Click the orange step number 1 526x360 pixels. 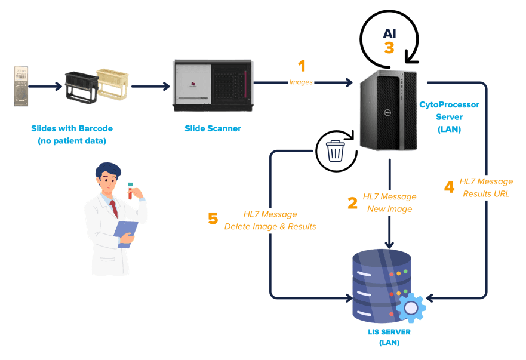tap(302, 65)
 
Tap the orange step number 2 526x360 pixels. tap(352, 202)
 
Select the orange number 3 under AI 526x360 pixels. tap(389, 48)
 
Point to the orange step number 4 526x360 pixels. tap(449, 187)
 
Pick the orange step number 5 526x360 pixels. tap(213, 219)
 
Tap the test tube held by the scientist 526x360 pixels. tap(130, 190)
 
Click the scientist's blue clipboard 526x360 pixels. tap(126, 233)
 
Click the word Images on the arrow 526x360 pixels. tap(301, 82)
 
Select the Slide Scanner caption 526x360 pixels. tap(213, 128)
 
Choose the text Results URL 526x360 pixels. tap(486, 193)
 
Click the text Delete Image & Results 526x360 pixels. tap(270, 226)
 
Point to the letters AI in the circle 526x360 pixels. tap(389, 33)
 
